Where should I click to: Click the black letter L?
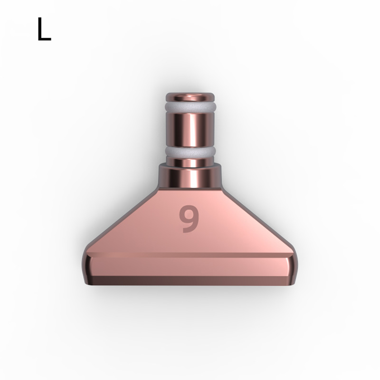(44, 29)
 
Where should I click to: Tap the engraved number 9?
(189, 219)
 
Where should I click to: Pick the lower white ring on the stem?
(190, 152)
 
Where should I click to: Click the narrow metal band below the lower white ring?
(190, 162)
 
